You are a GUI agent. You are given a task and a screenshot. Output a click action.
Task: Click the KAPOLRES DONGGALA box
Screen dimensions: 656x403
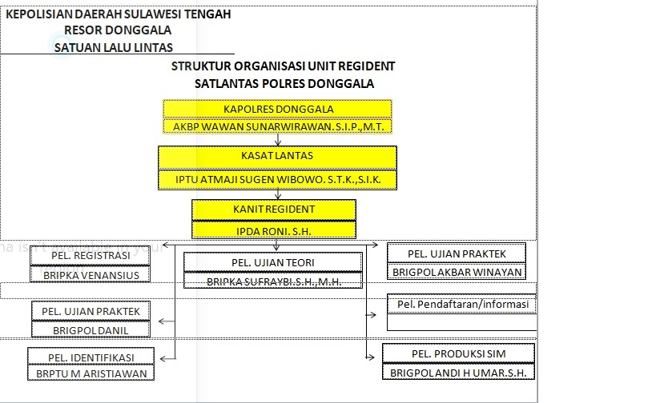277,109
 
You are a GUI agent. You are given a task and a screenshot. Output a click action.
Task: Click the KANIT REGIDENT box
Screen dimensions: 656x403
274,209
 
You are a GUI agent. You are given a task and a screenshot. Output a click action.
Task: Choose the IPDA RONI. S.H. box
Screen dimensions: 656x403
274,230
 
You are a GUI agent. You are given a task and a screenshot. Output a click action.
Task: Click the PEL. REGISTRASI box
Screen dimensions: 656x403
91,256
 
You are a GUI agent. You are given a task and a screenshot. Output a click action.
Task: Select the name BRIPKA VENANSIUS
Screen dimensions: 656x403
91,276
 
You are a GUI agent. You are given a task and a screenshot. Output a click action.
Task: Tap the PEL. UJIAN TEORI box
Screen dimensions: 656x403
273,262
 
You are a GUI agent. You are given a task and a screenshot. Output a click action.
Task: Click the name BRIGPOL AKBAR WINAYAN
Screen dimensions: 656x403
457,273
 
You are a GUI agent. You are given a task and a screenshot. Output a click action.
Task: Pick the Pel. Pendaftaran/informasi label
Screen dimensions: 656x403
463,304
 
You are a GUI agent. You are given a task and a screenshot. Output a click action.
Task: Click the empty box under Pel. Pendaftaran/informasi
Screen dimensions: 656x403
462,322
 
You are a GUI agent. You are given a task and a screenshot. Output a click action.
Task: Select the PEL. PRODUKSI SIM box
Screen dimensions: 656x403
458,353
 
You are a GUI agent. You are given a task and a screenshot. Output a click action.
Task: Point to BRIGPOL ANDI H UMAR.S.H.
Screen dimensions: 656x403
458,373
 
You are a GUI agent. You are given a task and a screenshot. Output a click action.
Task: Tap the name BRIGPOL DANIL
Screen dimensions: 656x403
91,331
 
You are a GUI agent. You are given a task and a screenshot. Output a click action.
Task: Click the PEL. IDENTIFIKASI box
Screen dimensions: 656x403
91,357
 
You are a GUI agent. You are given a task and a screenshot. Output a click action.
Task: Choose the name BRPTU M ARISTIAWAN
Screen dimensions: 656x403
91,373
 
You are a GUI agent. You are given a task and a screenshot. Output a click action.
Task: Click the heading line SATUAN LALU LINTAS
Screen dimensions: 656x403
114,48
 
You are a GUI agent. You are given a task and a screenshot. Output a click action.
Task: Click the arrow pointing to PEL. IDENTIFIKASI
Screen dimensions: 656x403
167,358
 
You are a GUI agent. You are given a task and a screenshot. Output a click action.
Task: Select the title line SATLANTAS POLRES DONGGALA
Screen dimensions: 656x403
284,83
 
